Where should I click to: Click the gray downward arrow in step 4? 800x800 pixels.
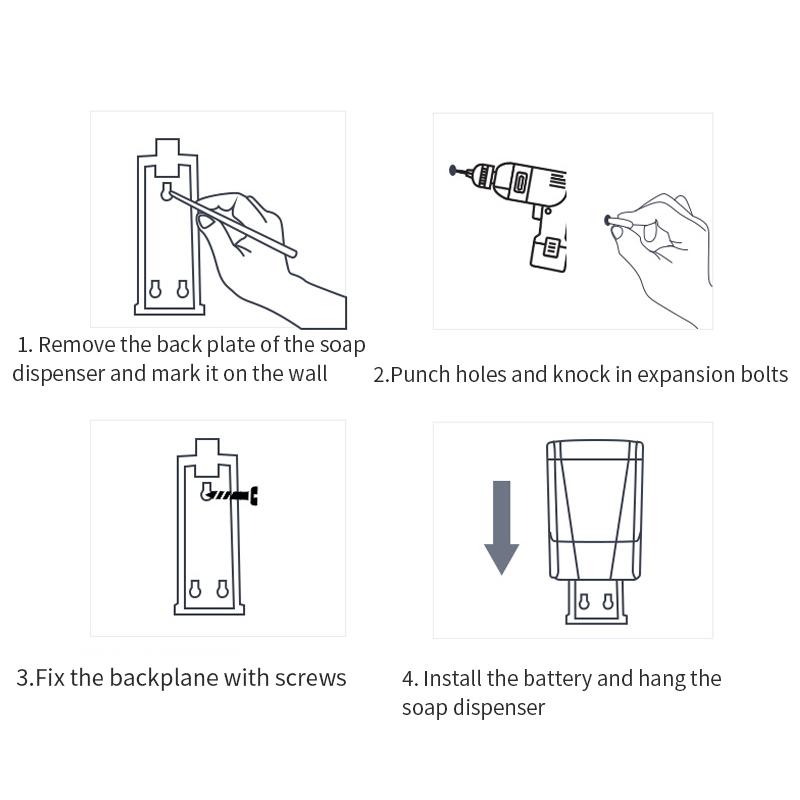[x=501, y=527]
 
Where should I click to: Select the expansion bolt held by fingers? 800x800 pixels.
[x=609, y=220]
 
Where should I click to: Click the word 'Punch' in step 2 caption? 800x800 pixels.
[x=419, y=375]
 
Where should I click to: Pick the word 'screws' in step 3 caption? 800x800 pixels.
[x=311, y=678]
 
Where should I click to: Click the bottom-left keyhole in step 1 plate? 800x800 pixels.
[x=155, y=289]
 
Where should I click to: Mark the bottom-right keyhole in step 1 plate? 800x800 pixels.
[x=182, y=289]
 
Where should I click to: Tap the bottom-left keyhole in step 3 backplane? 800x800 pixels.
[x=195, y=589]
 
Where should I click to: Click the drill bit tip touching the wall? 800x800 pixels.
[x=454, y=170]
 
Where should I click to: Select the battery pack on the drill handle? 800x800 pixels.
[x=547, y=251]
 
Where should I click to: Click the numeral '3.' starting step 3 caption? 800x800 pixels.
[x=24, y=678]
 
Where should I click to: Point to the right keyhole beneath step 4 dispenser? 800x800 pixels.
[x=606, y=602]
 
